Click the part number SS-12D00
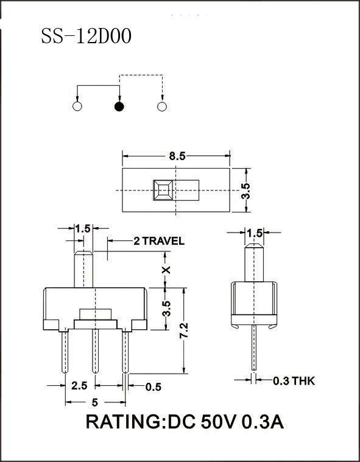click(86, 37)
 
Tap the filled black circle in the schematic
click(119, 107)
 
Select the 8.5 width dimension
click(177, 156)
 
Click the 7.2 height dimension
click(184, 331)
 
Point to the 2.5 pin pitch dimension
click(79, 385)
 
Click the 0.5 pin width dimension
click(154, 387)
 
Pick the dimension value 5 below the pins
click(94, 402)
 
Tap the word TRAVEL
click(163, 241)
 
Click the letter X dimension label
click(167, 269)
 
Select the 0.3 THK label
click(294, 381)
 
